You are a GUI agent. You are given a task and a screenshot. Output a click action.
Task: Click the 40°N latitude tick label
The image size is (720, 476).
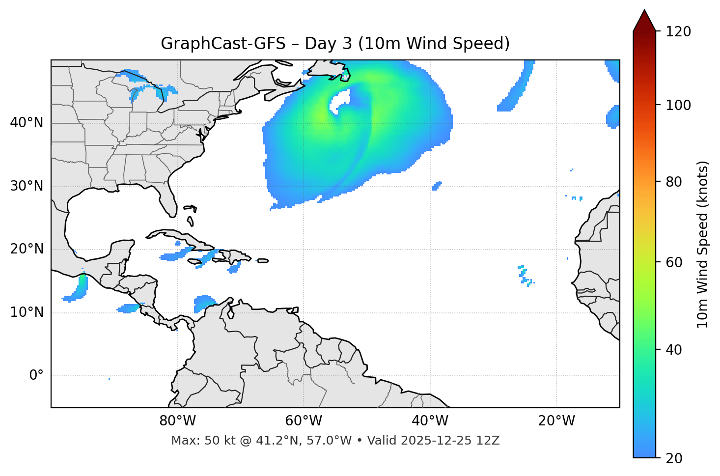point(27,123)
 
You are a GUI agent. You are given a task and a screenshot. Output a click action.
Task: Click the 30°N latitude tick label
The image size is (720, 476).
point(27,186)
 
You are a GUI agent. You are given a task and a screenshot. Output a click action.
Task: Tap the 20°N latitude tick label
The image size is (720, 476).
point(27,250)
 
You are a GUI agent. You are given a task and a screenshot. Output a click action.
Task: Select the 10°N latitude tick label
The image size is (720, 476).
point(27,312)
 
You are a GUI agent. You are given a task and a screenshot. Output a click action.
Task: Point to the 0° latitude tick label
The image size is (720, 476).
point(36,376)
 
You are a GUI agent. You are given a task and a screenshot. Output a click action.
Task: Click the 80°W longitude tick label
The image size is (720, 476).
point(177,421)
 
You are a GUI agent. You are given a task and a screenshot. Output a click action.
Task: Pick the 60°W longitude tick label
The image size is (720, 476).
point(304,421)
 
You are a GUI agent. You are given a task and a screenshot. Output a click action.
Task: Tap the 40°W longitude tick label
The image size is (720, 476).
point(430,421)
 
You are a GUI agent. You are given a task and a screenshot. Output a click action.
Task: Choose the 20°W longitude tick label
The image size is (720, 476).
point(556,421)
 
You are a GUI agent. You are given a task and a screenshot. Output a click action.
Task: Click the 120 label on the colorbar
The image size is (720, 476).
point(678,32)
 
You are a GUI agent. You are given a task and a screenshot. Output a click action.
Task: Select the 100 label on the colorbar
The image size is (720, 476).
point(678,105)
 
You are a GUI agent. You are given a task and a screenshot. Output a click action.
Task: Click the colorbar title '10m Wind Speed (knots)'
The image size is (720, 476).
point(703,245)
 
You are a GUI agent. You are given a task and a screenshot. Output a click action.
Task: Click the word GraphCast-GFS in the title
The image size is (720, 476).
point(223,44)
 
